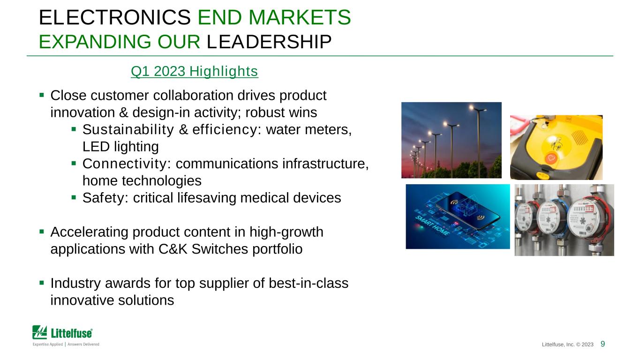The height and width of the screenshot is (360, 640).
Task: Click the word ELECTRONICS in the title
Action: point(114,17)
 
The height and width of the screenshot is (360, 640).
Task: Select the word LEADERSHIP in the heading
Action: point(269,42)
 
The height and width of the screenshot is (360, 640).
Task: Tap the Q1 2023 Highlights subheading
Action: point(194,71)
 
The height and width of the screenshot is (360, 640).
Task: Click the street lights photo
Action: point(451,140)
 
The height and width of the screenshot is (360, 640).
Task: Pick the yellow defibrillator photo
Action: point(556,148)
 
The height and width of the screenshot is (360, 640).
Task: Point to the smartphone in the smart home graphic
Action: point(467,210)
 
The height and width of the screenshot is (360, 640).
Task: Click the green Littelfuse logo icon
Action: point(39,332)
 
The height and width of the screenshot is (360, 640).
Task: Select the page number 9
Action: point(602,344)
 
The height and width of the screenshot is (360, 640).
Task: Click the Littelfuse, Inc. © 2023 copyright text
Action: point(567,345)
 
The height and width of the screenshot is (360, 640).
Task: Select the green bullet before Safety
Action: point(74,197)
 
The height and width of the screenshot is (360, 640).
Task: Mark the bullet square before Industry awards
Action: point(42,283)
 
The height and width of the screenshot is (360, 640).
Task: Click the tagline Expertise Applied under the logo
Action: point(48,344)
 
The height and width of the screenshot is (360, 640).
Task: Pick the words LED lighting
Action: point(120,147)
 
